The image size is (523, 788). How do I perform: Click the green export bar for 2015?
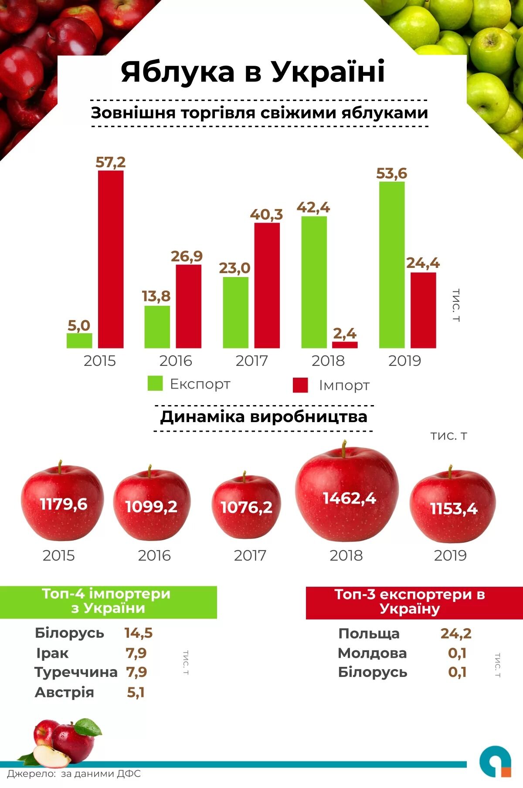pos(79,341)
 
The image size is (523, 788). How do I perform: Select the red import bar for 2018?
pos(345,345)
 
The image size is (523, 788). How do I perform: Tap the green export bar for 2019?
pos(392,265)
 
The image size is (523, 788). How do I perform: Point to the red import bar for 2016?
pos(189,306)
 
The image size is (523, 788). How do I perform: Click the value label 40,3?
pos(266,214)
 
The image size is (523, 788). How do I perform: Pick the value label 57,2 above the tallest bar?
pos(110,162)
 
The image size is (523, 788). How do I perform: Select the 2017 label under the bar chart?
pos(251,361)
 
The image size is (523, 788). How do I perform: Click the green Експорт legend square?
pos(155,383)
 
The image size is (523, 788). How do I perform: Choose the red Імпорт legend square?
pos(300,385)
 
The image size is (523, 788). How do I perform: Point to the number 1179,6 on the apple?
pos(64,504)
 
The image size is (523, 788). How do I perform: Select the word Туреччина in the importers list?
pos(76,672)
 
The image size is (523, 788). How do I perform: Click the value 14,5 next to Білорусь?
pos(139,633)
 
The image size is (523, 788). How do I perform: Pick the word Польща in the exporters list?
pos(369,634)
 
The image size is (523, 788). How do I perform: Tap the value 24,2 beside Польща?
pos(456,633)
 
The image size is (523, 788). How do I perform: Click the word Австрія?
pos(65,692)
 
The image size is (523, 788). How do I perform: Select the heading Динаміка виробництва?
pos(264,417)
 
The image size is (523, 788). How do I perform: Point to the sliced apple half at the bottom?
pos(51,757)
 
